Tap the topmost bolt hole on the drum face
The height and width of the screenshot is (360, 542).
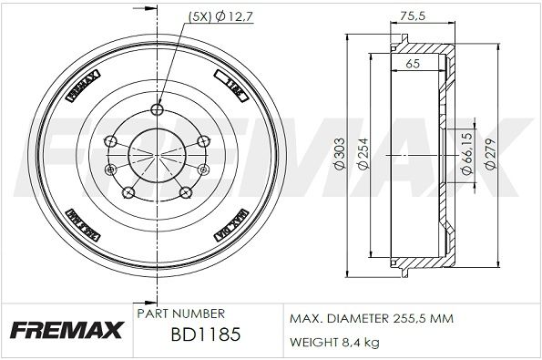coord(157,111)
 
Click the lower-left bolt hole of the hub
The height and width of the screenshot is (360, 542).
coord(128,191)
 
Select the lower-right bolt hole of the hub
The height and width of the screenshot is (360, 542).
coord(186,191)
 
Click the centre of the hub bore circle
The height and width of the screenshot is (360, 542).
coord(157,155)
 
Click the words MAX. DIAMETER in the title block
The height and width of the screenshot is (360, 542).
coord(332,318)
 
